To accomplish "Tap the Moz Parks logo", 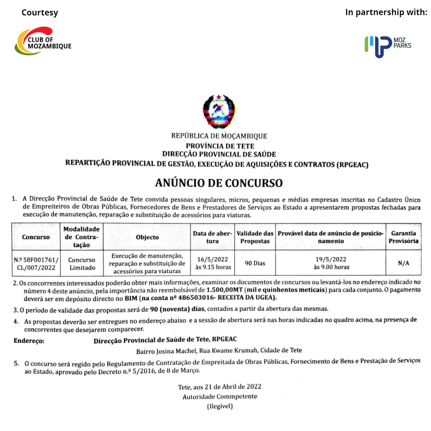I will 388,46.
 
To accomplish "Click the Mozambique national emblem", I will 219,111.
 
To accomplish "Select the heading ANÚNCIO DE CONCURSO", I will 219,183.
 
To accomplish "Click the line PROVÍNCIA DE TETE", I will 220,146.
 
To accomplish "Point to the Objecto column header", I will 147,237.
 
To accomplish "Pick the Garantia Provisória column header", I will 403,237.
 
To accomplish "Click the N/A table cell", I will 403,263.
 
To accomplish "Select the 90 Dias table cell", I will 255,263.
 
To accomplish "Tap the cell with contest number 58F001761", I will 36,263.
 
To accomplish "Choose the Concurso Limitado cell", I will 82,263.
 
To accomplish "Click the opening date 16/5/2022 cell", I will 213,263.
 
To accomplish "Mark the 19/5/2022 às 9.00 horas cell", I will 331,263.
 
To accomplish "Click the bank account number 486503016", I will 194,298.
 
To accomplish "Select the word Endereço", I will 29,341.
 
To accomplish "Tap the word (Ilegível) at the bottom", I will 220,406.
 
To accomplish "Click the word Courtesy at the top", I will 40,13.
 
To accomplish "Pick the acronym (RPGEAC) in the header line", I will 352,165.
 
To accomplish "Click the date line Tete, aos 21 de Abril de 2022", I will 219,387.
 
